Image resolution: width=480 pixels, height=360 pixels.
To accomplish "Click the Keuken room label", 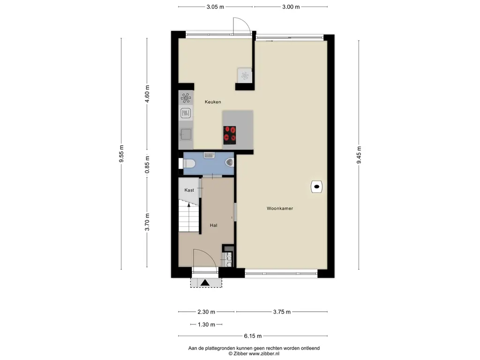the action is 213,102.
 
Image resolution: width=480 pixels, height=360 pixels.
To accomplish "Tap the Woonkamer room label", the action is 280,209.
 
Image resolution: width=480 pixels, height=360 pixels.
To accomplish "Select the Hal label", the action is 214,225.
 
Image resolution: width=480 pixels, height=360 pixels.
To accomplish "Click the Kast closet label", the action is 189,190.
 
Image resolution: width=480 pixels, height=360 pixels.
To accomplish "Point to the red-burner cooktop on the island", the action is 230,135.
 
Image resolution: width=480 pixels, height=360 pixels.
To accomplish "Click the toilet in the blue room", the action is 189,164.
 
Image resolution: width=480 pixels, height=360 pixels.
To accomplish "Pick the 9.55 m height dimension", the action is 121,154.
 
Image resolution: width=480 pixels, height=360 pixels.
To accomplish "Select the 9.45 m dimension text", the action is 359,155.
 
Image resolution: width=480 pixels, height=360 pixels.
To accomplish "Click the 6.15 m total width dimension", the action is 253,336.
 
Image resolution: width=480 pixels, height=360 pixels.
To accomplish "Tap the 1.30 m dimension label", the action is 206,324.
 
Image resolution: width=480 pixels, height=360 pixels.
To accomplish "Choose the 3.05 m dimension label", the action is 215,7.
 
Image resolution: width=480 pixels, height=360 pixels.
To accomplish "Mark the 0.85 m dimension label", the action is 147,165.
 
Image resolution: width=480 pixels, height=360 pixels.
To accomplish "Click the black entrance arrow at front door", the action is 205,283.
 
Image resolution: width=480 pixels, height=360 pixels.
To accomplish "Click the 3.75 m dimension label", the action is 282,312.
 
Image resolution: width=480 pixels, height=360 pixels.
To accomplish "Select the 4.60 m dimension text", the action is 147,94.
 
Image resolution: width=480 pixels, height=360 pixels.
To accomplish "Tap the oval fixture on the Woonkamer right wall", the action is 317,187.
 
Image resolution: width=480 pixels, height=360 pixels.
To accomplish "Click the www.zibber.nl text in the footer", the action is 264,354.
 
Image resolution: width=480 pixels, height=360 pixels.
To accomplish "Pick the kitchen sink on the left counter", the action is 186,134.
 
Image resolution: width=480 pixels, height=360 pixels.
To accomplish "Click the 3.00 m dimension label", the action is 291,7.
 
